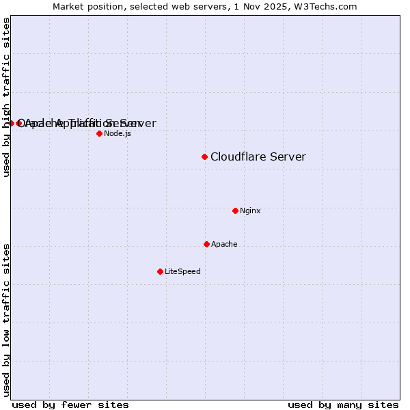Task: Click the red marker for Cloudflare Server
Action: [x=204, y=157]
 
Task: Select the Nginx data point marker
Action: [x=235, y=210]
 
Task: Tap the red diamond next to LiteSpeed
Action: [x=160, y=271]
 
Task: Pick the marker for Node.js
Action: [x=99, y=133]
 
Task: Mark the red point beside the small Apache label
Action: [x=206, y=244]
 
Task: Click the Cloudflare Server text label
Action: [x=258, y=157]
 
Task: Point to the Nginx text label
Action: [x=250, y=210]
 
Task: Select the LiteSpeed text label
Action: [x=182, y=271]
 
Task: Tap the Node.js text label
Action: [x=118, y=133]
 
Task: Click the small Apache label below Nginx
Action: [x=224, y=244]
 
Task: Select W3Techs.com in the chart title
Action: [x=325, y=6]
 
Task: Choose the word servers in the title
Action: [x=205, y=6]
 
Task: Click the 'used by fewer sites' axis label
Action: [x=70, y=405]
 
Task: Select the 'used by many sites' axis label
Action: [x=343, y=405]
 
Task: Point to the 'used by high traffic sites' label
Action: [x=6, y=97]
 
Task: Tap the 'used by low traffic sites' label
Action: [x=6, y=319]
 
